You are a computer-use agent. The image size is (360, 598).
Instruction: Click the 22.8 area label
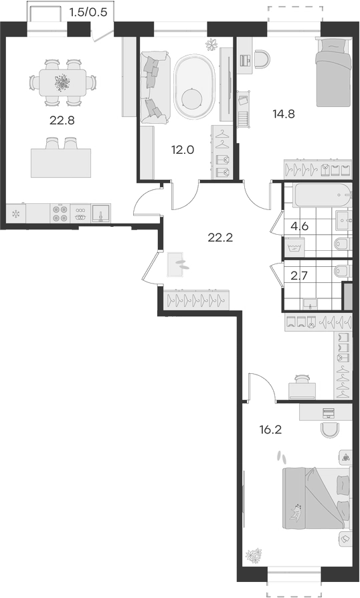(62, 120)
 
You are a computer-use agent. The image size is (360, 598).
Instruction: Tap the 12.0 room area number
(183, 150)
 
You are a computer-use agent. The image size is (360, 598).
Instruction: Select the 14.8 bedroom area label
(284, 114)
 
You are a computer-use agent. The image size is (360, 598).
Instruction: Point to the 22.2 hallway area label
(220, 237)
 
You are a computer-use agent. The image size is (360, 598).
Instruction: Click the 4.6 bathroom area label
(299, 226)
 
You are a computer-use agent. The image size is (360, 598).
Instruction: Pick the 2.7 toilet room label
(299, 276)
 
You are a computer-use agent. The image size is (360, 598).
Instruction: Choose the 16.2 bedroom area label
(270, 430)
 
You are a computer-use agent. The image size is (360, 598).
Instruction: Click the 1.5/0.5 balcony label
(88, 13)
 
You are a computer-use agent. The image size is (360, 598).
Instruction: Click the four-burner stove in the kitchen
(60, 213)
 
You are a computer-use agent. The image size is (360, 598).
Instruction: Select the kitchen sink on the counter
(100, 213)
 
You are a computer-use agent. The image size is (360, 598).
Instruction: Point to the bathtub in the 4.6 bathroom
(321, 195)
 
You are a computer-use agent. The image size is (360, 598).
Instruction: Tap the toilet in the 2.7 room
(343, 270)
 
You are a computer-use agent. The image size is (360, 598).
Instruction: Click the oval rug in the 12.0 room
(193, 88)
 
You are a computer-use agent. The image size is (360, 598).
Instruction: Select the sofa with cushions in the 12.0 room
(154, 88)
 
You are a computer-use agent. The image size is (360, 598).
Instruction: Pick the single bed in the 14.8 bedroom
(333, 72)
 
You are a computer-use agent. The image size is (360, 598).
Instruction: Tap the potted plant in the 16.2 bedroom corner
(254, 555)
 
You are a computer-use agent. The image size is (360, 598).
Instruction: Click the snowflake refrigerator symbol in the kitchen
(16, 213)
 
